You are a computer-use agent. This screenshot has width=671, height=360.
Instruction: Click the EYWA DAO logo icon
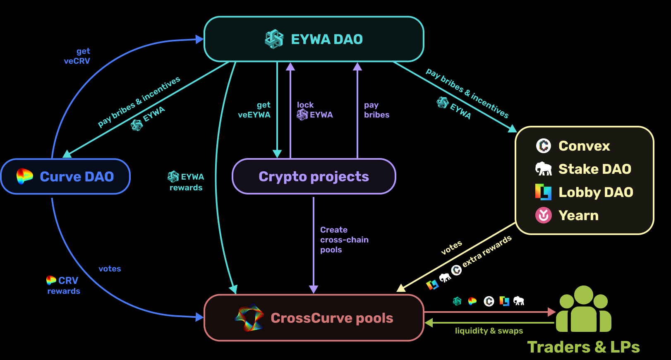tap(274, 39)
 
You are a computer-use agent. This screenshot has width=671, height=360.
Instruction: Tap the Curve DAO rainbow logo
tap(25, 176)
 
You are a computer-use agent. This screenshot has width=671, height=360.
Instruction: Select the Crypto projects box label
tap(314, 177)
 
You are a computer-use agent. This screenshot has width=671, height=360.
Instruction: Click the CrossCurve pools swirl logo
tap(249, 318)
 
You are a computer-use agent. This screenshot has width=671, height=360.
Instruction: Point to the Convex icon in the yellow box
tap(544, 146)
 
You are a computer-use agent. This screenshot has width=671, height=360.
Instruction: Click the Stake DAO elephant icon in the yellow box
tap(544, 169)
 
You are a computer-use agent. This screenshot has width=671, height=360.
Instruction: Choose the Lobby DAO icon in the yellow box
tap(543, 192)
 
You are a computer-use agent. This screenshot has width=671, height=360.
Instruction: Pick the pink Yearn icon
tap(544, 215)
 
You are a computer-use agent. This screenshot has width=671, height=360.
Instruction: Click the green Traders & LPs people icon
tap(583, 310)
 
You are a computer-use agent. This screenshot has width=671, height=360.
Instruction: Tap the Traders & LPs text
tap(583, 347)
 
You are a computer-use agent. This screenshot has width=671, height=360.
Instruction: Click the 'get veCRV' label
tap(77, 56)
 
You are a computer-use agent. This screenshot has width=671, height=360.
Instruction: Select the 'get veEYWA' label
tap(254, 110)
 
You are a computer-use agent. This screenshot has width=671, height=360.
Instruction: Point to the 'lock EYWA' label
tap(314, 110)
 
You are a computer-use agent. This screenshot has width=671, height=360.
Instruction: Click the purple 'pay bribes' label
tap(376, 110)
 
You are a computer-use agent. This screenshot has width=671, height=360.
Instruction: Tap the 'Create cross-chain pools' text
tap(344, 240)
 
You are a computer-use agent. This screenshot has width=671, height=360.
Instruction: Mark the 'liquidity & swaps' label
tap(489, 331)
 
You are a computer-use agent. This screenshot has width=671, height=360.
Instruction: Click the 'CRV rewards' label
tap(63, 286)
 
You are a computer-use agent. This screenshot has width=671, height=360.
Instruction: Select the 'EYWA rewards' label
tap(186, 182)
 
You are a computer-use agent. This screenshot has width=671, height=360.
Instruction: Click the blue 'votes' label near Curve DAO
tap(110, 269)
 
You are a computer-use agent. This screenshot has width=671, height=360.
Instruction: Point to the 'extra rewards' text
tap(487, 251)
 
